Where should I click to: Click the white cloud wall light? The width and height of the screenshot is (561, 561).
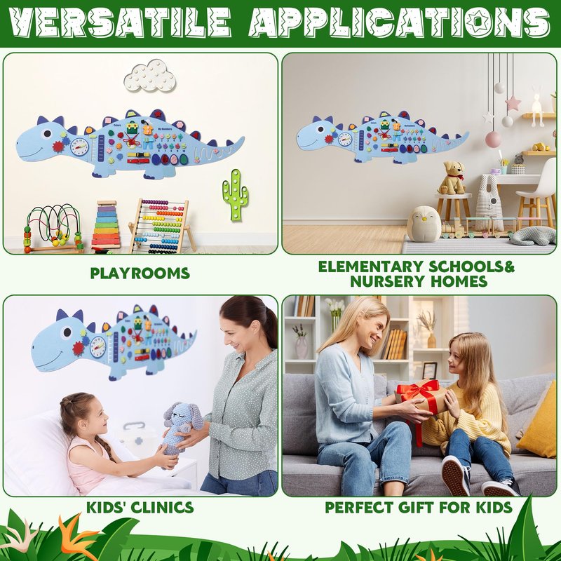149,76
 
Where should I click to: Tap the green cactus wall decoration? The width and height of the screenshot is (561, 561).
235,195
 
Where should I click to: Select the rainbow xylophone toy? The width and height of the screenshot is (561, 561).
106,224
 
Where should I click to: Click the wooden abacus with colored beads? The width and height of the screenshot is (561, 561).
161,226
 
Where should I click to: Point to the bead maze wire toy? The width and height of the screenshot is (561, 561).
53,229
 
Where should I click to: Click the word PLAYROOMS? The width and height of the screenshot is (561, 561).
140,273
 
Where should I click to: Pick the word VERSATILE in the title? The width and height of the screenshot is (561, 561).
119,22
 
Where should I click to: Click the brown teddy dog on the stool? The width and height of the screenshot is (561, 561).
452,178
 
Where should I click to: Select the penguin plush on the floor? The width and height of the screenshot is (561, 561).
424,224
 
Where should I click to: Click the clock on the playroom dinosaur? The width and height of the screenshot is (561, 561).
79,147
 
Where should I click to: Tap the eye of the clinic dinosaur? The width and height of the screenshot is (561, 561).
67,332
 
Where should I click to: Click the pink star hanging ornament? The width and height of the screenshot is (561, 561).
513,102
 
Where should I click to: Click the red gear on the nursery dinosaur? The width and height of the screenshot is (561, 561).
329,139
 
